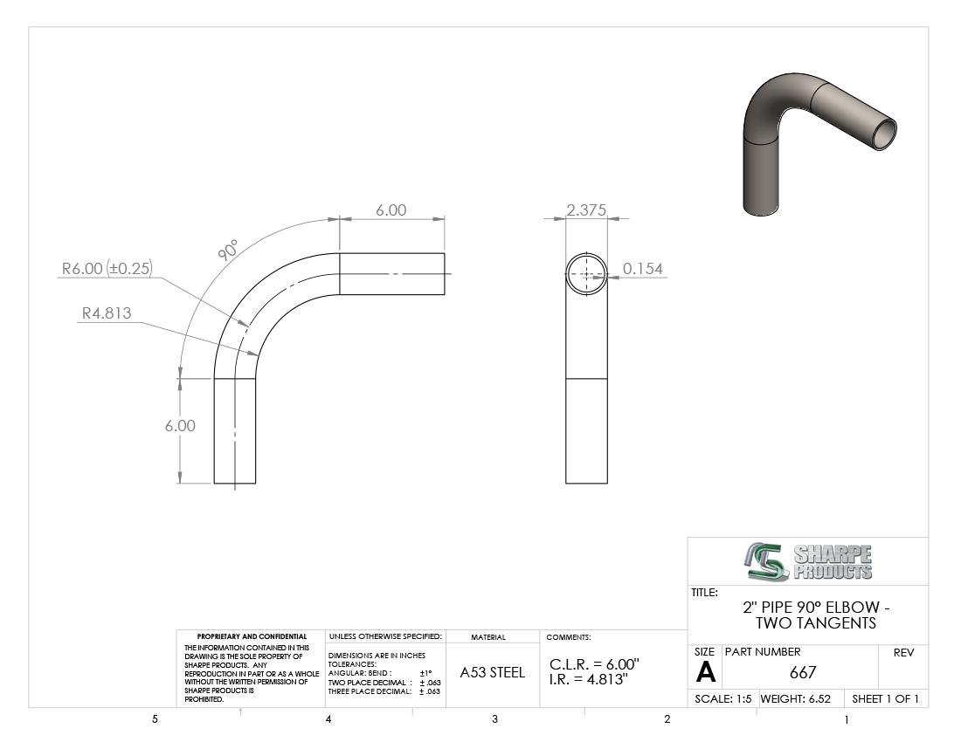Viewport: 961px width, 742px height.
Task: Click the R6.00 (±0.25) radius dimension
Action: pos(107,268)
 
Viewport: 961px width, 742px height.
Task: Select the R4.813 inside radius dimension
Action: pos(107,313)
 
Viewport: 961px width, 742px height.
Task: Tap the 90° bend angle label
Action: pos(227,251)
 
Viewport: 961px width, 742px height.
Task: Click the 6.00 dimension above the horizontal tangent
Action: pos(391,210)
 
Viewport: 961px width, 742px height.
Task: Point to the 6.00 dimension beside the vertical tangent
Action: pos(180,425)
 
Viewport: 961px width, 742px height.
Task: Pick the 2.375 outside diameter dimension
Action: pos(586,210)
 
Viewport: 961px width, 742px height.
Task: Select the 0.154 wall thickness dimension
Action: pos(643,268)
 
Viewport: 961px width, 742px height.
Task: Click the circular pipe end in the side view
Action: pos(586,253)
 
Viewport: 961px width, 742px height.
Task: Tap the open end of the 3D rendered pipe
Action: pos(883,134)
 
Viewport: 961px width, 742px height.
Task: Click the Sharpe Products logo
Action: pos(808,561)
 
